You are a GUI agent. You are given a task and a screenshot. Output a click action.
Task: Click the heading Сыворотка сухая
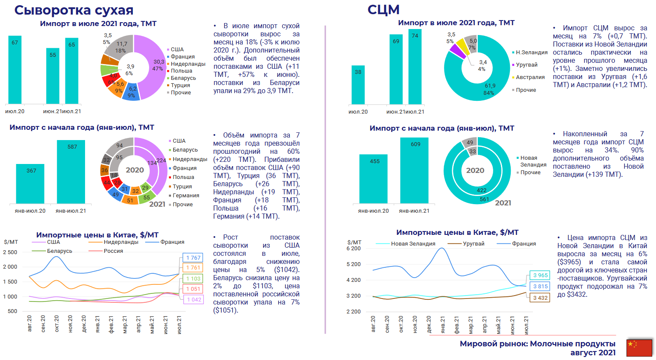click(74, 10)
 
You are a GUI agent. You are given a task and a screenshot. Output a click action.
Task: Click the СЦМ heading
click(383, 9)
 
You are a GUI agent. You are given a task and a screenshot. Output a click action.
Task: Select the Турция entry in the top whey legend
click(180, 85)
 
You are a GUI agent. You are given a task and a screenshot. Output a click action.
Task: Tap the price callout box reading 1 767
click(193, 258)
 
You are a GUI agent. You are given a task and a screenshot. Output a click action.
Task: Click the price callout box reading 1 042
click(194, 300)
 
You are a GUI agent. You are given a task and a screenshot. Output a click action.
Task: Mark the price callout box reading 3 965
click(540, 275)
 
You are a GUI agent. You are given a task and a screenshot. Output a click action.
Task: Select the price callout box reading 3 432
click(540, 298)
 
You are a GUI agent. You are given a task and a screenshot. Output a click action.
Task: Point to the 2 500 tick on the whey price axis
click(10, 252)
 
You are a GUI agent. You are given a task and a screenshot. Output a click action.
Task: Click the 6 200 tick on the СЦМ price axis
click(353, 249)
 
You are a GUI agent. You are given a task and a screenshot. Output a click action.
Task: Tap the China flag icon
click(639, 348)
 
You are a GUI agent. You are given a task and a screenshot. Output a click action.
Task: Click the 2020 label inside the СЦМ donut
click(475, 170)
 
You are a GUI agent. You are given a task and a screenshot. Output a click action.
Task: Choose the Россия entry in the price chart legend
click(113, 251)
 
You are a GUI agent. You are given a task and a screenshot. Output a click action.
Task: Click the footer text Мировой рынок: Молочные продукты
click(537, 344)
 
